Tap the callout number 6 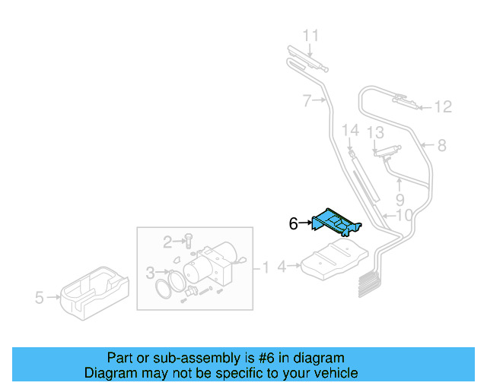pos(293,223)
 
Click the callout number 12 pos(443,107)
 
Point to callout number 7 pos(306,100)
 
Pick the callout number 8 pos(441,145)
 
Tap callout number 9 pos(399,201)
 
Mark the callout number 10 pos(404,216)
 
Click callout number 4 pos(282,266)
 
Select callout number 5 pos(40,298)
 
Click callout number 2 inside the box pos(168,242)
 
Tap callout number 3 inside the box pos(150,272)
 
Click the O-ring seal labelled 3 pos(170,288)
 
